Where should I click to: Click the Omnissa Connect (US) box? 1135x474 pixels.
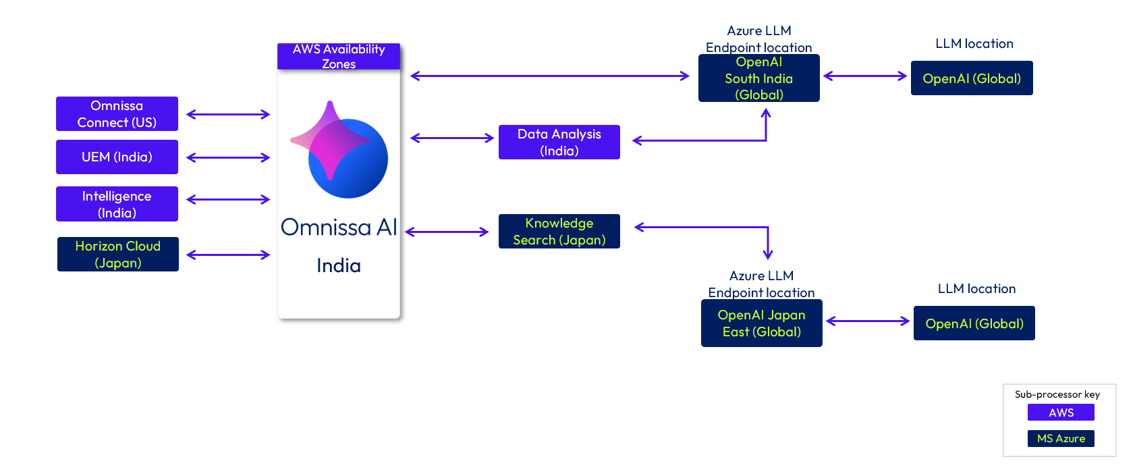pyautogui.click(x=117, y=114)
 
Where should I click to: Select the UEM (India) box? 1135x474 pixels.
pyautogui.click(x=117, y=157)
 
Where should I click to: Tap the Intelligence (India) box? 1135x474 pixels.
pyautogui.click(x=117, y=204)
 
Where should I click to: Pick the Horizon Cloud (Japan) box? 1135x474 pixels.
pyautogui.click(x=118, y=255)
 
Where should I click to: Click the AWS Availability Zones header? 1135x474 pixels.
pyautogui.click(x=339, y=57)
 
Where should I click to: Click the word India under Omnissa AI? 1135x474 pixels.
pyautogui.click(x=339, y=265)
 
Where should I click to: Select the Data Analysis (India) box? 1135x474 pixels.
pyautogui.click(x=559, y=142)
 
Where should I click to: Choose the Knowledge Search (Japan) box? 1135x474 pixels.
pyautogui.click(x=559, y=232)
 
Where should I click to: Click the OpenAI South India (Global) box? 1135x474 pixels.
pyautogui.click(x=758, y=78)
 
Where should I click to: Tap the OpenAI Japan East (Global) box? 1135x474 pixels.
pyautogui.click(x=761, y=323)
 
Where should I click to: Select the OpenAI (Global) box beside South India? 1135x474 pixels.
pyautogui.click(x=972, y=78)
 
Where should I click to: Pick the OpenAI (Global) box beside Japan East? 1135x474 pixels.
pyautogui.click(x=974, y=323)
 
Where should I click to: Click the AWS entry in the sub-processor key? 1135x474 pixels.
pyautogui.click(x=1061, y=413)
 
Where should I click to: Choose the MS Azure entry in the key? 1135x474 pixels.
pyautogui.click(x=1061, y=438)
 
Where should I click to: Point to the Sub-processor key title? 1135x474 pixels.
pyautogui.click(x=1057, y=394)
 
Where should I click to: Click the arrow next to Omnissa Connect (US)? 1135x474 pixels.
pyautogui.click(x=228, y=114)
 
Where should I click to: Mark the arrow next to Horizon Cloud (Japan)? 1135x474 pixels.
pyautogui.click(x=228, y=255)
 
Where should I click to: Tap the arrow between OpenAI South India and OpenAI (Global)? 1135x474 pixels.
pyautogui.click(x=865, y=76)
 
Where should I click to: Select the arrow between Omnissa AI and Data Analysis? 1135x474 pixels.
pyautogui.click(x=452, y=138)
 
